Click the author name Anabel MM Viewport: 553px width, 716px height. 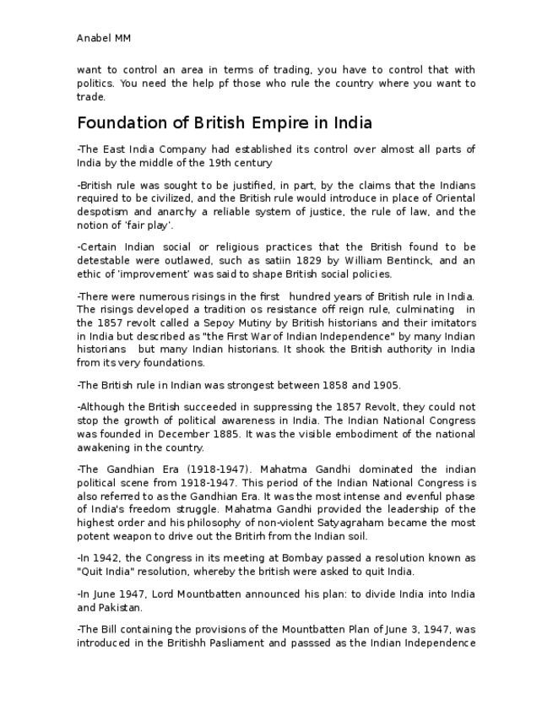(x=103, y=38)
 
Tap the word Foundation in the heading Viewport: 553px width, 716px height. (x=122, y=123)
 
